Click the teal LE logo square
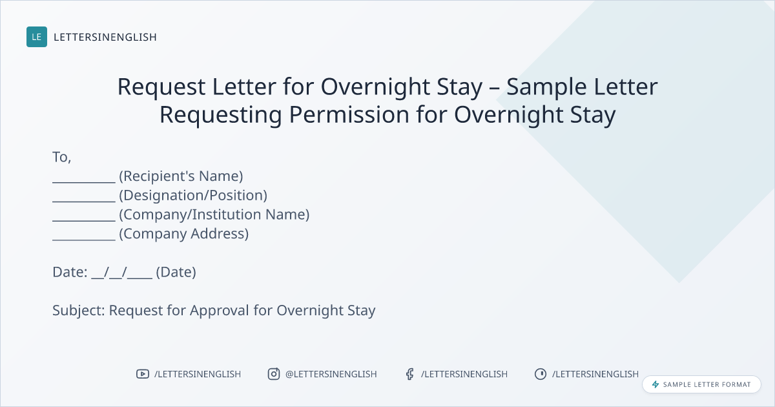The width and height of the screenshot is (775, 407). pos(37,37)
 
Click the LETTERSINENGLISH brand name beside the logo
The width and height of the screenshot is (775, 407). pos(105,37)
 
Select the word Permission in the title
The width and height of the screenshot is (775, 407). pos(349,115)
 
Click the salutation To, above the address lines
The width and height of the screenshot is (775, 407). pos(62,157)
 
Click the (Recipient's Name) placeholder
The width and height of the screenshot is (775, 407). pos(181,176)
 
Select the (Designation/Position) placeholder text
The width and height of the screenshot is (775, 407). pos(193,196)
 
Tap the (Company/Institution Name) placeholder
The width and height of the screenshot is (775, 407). pos(214,214)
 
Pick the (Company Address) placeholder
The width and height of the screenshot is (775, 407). pos(183,234)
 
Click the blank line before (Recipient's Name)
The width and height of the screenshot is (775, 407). pos(84,182)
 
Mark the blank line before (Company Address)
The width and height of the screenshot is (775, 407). pos(84,240)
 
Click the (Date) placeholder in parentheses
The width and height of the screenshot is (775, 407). pos(176,273)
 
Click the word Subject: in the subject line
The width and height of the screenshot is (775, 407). pos(79,311)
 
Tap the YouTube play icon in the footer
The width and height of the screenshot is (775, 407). pos(143,374)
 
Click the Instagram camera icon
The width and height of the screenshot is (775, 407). pos(274,374)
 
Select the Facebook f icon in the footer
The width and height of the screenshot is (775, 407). pos(409,374)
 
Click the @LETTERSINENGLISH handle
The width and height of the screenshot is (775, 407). pos(331,374)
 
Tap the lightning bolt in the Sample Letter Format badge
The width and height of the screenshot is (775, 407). pos(656,384)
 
